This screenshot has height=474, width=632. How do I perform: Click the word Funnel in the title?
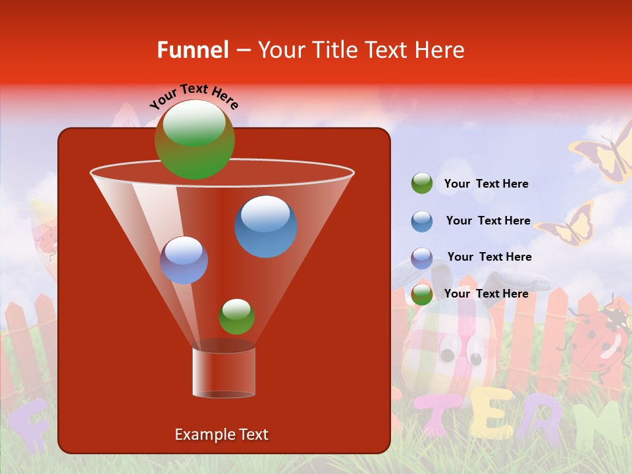(x=192, y=50)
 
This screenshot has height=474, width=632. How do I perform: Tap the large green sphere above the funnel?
(x=195, y=139)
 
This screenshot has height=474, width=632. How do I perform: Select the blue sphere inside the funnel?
(x=265, y=226)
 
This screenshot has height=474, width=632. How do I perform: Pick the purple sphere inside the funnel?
(x=184, y=260)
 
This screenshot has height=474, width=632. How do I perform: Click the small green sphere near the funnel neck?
(x=236, y=317)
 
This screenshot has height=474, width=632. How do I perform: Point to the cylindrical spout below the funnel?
(x=224, y=372)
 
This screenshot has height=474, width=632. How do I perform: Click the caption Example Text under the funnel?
(x=221, y=434)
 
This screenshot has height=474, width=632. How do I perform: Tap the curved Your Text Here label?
(x=194, y=95)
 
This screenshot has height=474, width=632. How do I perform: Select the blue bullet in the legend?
(x=422, y=221)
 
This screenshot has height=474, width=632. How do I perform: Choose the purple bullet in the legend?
(x=422, y=258)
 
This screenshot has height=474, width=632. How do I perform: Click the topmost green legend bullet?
(x=422, y=184)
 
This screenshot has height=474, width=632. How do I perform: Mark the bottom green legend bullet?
(x=422, y=295)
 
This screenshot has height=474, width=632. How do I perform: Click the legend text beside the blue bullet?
(x=488, y=221)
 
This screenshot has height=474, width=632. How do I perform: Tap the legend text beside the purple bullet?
(x=489, y=257)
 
